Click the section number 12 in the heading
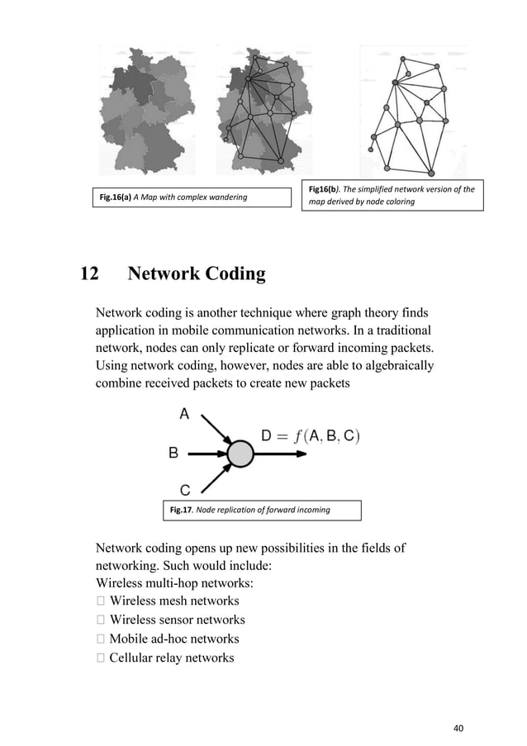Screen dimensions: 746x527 pos(88,275)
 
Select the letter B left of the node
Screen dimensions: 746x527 pos(173,453)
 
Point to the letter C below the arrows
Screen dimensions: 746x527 pos(186,490)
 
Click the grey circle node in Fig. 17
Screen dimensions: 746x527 pos(240,454)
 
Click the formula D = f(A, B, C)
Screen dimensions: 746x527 pos(310,435)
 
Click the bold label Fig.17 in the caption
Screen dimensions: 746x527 pos(181,510)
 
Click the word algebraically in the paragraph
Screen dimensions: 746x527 pos(389,366)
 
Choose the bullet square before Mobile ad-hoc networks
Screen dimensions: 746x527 pos(101,639)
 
